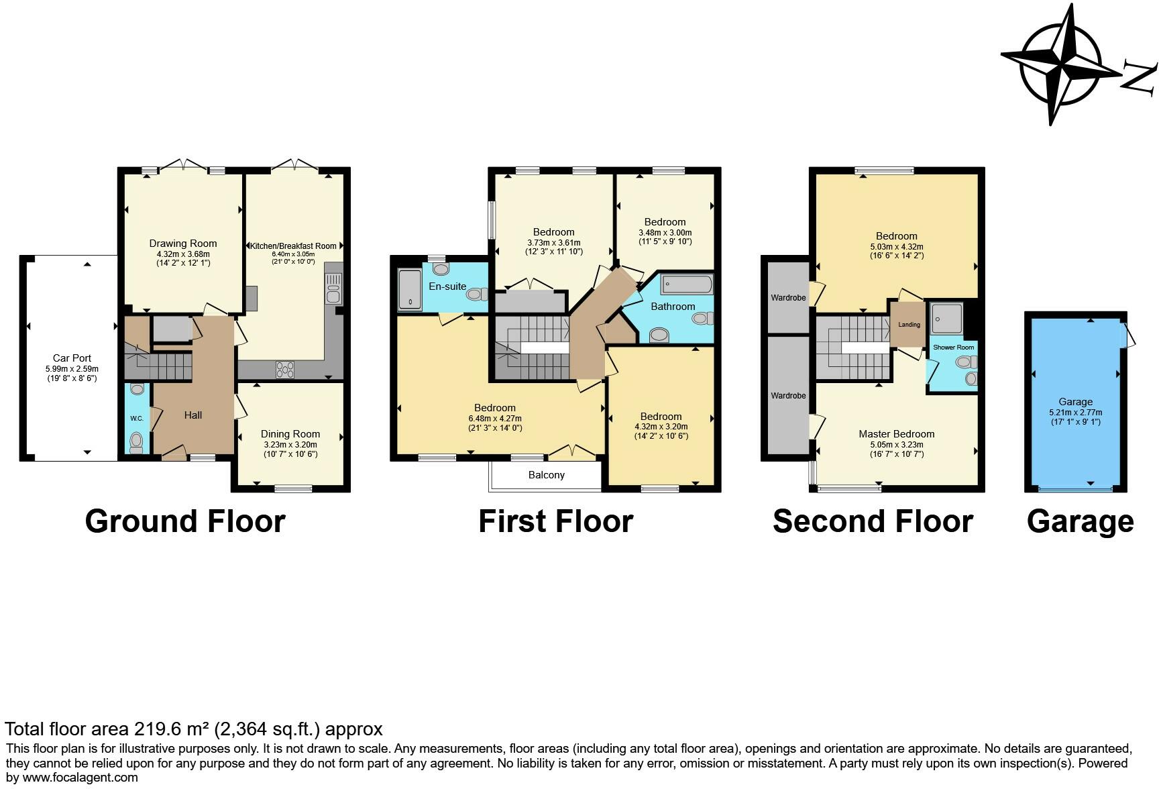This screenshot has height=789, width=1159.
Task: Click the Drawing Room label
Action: tap(183, 244)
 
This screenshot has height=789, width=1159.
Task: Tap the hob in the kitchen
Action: tap(285, 369)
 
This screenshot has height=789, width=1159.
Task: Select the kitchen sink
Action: tap(333, 288)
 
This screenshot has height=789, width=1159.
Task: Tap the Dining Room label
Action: tap(290, 434)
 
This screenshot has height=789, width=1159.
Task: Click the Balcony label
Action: tap(546, 475)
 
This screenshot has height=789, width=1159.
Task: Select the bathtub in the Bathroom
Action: tap(687, 285)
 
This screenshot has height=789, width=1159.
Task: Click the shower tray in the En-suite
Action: tap(408, 289)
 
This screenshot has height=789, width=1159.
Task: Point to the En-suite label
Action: tap(447, 286)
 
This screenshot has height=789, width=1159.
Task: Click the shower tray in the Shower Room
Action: tap(946, 319)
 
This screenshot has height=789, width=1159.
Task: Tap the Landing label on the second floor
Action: tap(909, 325)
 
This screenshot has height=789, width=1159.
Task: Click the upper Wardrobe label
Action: tap(788, 297)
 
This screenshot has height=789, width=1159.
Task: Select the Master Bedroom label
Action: tap(896, 434)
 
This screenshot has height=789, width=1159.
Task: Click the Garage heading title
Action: tap(1080, 521)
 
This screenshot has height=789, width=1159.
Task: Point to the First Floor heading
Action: tap(555, 521)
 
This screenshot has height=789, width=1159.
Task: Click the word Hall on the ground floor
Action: tap(193, 415)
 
